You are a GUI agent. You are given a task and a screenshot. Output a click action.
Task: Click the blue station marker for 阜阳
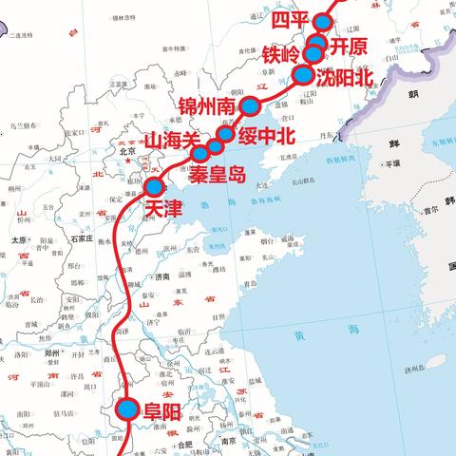click(128, 410)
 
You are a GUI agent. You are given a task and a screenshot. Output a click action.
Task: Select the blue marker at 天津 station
click(153, 187)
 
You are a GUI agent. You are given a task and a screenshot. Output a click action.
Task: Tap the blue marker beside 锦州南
click(249, 105)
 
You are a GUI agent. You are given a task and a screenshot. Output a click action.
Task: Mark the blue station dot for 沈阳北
click(303, 75)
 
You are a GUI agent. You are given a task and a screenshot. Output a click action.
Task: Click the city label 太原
click(18, 240)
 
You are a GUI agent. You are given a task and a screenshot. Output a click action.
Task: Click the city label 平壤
click(387, 163)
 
